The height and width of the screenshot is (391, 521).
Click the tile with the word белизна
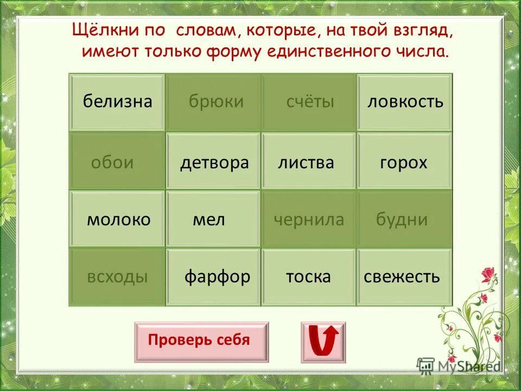pyautogui.click(x=117, y=102)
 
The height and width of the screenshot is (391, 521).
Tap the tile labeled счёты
pyautogui.click(x=309, y=102)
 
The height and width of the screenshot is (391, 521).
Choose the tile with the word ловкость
pyautogui.click(x=405, y=102)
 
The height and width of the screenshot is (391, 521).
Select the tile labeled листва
pyautogui.click(x=307, y=162)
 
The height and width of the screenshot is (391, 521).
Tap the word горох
pyautogui.click(x=404, y=162)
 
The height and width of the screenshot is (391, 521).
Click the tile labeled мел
pyautogui.click(x=209, y=219)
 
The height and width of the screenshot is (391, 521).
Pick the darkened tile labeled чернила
pyautogui.click(x=309, y=219)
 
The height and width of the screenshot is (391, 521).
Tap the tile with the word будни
pyautogui.click(x=402, y=219)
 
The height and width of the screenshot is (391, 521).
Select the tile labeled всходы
pyautogui.click(x=117, y=276)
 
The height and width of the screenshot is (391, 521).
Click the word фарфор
pyautogui.click(x=217, y=276)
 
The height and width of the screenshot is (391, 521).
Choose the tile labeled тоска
pyautogui.click(x=308, y=276)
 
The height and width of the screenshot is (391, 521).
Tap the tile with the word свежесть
pyautogui.click(x=402, y=276)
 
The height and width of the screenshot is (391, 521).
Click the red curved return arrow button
pyautogui.click(x=323, y=342)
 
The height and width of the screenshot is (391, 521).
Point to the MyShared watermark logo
pyautogui.click(x=459, y=365)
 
